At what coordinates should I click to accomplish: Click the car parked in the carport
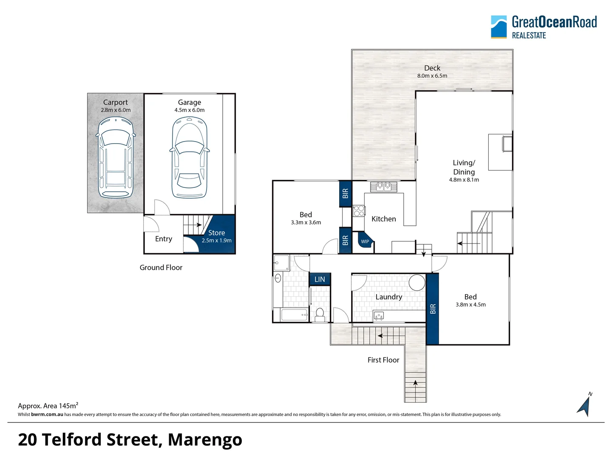(116, 157)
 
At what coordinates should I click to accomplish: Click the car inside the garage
(190, 157)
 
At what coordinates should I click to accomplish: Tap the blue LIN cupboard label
(320, 279)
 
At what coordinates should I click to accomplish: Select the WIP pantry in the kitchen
(365, 241)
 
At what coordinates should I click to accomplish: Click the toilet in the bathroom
(320, 314)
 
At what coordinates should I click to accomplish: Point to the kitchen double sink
(384, 187)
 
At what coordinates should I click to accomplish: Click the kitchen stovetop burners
(359, 211)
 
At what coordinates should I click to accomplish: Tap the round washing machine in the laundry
(417, 282)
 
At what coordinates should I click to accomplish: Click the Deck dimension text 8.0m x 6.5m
(432, 76)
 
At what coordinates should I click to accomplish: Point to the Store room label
(217, 233)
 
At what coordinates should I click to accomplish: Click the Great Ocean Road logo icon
(499, 27)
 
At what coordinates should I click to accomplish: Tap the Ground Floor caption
(161, 268)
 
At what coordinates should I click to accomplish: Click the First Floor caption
(383, 360)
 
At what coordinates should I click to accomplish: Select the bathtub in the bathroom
(294, 315)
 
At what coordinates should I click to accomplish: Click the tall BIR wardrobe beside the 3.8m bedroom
(433, 309)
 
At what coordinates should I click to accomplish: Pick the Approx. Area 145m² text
(48, 405)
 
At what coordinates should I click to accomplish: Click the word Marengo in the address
(205, 440)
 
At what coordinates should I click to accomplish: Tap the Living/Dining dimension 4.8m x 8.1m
(464, 180)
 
